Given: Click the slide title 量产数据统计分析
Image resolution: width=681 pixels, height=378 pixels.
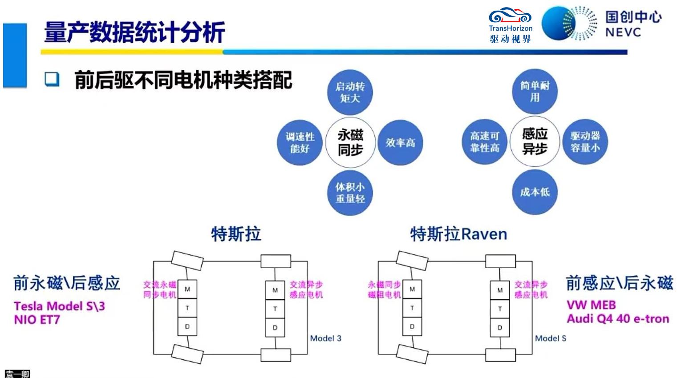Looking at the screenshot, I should click(x=134, y=32).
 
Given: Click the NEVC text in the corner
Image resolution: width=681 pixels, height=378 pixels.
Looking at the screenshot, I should click(x=623, y=32).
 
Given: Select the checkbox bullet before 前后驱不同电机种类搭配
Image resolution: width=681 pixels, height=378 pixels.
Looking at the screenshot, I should click(x=52, y=79).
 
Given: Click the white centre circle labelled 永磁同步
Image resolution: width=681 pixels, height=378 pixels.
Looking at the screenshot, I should click(x=350, y=142).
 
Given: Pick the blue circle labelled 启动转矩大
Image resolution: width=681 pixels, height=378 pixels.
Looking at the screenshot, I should click(x=350, y=92).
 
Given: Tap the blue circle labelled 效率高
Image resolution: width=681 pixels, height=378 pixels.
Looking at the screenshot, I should click(x=400, y=142).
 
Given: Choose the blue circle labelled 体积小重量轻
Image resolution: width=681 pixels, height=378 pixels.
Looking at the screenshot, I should click(x=350, y=193).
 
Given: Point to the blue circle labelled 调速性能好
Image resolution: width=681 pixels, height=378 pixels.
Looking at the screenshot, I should click(x=300, y=142).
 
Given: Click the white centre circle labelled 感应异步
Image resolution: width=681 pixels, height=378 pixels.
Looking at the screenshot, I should click(x=535, y=141).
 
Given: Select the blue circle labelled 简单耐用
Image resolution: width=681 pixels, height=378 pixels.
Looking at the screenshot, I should click(x=535, y=91).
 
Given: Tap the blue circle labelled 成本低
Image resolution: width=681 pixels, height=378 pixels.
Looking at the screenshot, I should click(x=535, y=192).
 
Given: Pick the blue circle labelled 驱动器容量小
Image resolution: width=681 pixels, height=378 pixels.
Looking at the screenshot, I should click(x=585, y=141).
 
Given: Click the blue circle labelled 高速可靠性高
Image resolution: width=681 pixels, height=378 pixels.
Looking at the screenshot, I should click(x=485, y=141).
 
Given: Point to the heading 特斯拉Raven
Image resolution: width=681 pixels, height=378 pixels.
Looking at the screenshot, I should click(x=458, y=234).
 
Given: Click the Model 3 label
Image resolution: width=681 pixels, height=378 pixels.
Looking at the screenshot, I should click(x=325, y=338).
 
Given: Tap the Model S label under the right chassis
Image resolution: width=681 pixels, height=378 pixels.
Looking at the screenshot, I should click(x=551, y=338).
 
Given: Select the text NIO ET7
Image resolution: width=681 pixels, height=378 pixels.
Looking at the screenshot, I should click(x=37, y=320).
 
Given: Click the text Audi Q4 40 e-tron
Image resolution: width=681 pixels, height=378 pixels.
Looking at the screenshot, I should click(x=618, y=319).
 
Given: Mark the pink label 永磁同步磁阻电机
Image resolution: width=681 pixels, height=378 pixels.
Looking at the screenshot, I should click(x=385, y=290).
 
